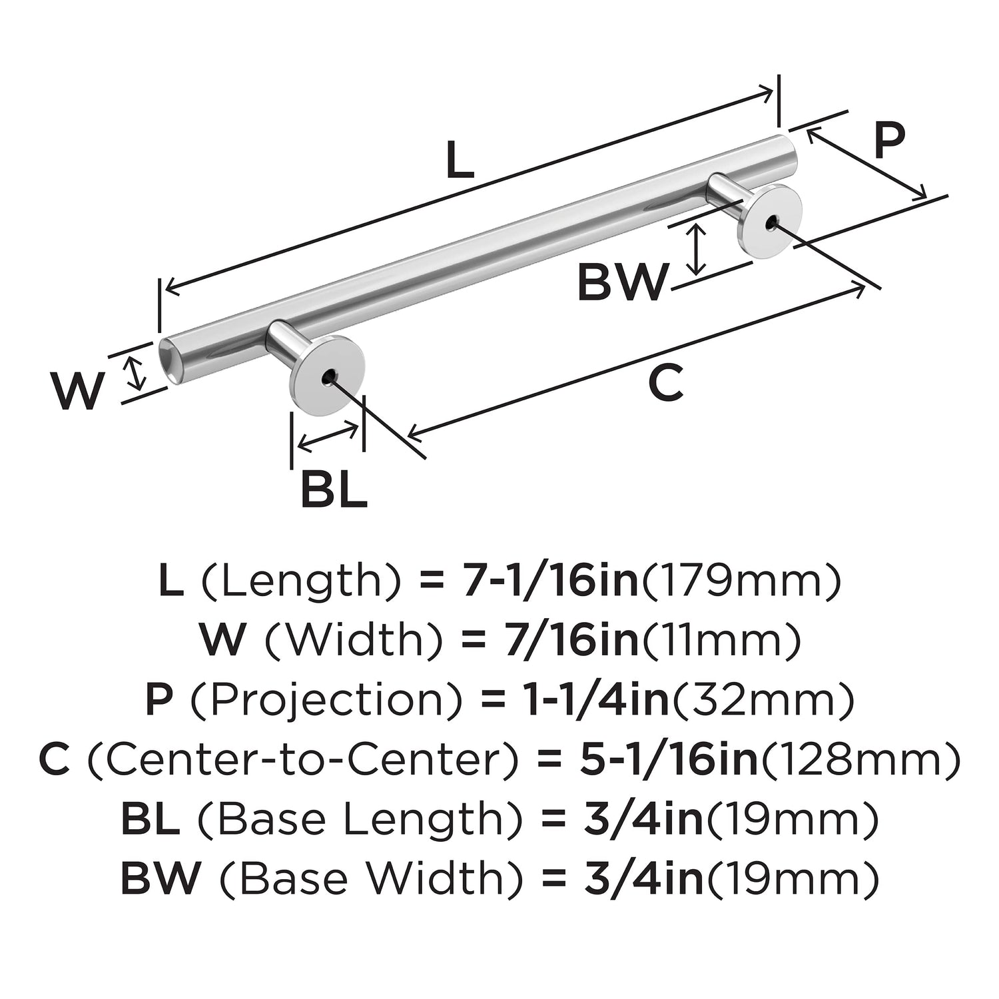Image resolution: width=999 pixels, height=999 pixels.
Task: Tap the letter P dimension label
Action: (x=889, y=141)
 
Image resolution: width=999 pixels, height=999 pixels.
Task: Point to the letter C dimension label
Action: (x=666, y=384)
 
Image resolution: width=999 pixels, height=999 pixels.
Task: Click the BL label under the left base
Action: (x=334, y=490)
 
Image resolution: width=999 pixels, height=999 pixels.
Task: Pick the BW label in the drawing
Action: (x=622, y=282)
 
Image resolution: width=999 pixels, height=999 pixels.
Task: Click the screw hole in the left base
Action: (x=328, y=378)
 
